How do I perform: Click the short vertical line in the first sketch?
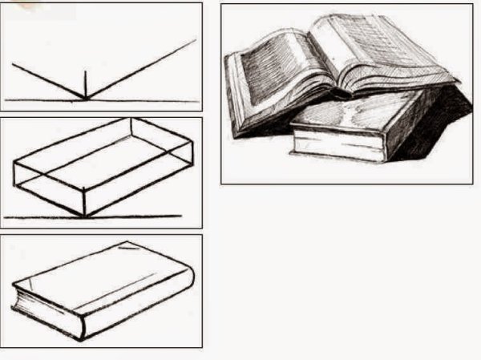(85, 84)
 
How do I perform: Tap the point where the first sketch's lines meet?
(85, 99)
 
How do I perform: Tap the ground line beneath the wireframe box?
(136, 216)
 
